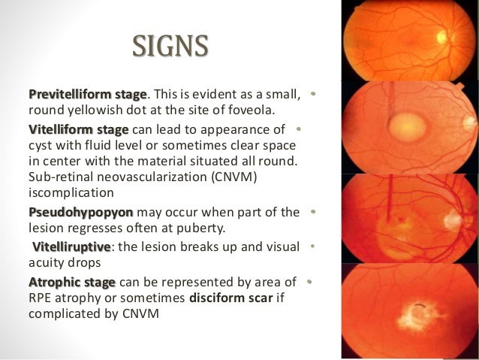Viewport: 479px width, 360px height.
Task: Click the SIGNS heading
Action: [x=169, y=47]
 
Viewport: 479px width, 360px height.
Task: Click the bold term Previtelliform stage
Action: [x=87, y=95]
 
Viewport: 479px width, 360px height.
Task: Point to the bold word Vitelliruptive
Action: [x=71, y=247]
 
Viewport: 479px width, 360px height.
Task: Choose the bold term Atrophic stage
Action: [x=72, y=282]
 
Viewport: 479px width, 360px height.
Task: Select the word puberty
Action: [x=209, y=227]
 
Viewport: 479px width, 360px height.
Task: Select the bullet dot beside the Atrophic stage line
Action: [x=309, y=282]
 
